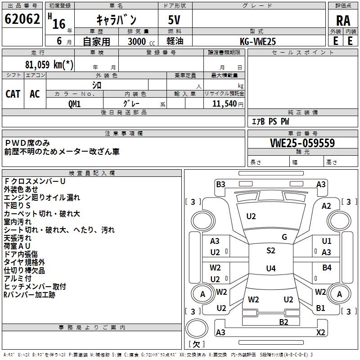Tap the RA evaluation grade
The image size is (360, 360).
343,20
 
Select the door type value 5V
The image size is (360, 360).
175,19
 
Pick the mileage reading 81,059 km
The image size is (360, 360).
49,65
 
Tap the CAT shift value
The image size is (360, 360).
13,94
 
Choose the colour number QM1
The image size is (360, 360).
74,104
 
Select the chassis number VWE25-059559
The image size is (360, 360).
302,143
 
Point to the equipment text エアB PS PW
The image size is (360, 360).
270,121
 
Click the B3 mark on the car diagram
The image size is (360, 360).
220,184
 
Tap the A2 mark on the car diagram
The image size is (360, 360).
326,206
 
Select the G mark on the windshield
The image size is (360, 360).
284,237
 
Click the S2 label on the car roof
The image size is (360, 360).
270,251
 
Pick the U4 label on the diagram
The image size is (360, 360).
270,269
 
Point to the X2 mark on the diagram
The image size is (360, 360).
321,333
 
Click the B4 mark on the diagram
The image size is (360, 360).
327,268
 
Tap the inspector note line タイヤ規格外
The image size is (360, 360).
24,262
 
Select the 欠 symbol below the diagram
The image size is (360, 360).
196,344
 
